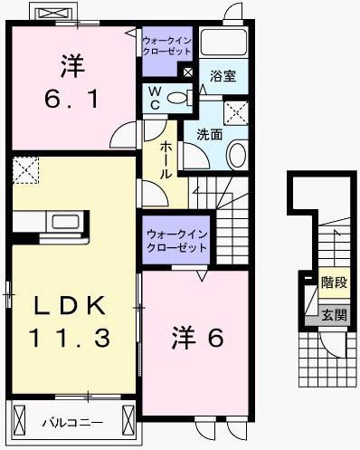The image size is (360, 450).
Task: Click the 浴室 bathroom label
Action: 223,77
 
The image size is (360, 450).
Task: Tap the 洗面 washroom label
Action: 210,134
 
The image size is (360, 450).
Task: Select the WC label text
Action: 155,97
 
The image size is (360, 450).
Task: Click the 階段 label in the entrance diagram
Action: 333,282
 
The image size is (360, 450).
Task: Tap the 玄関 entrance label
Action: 333,315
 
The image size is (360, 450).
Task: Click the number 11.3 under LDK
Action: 70,339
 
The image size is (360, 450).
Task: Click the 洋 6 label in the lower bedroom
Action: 197,338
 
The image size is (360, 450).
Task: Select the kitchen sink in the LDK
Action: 66,222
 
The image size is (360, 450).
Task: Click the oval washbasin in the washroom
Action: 236,153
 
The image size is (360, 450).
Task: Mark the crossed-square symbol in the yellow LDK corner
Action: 25,169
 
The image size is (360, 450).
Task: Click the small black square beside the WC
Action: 188,72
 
